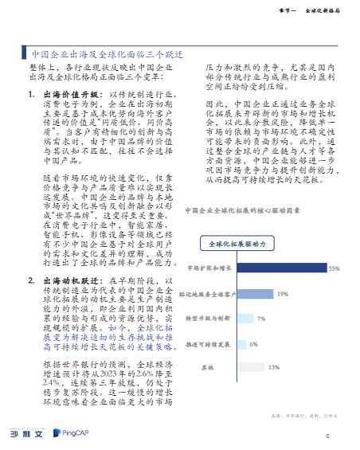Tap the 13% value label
[x=273, y=368]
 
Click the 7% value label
[x=260, y=319]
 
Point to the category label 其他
[x=207, y=368]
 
